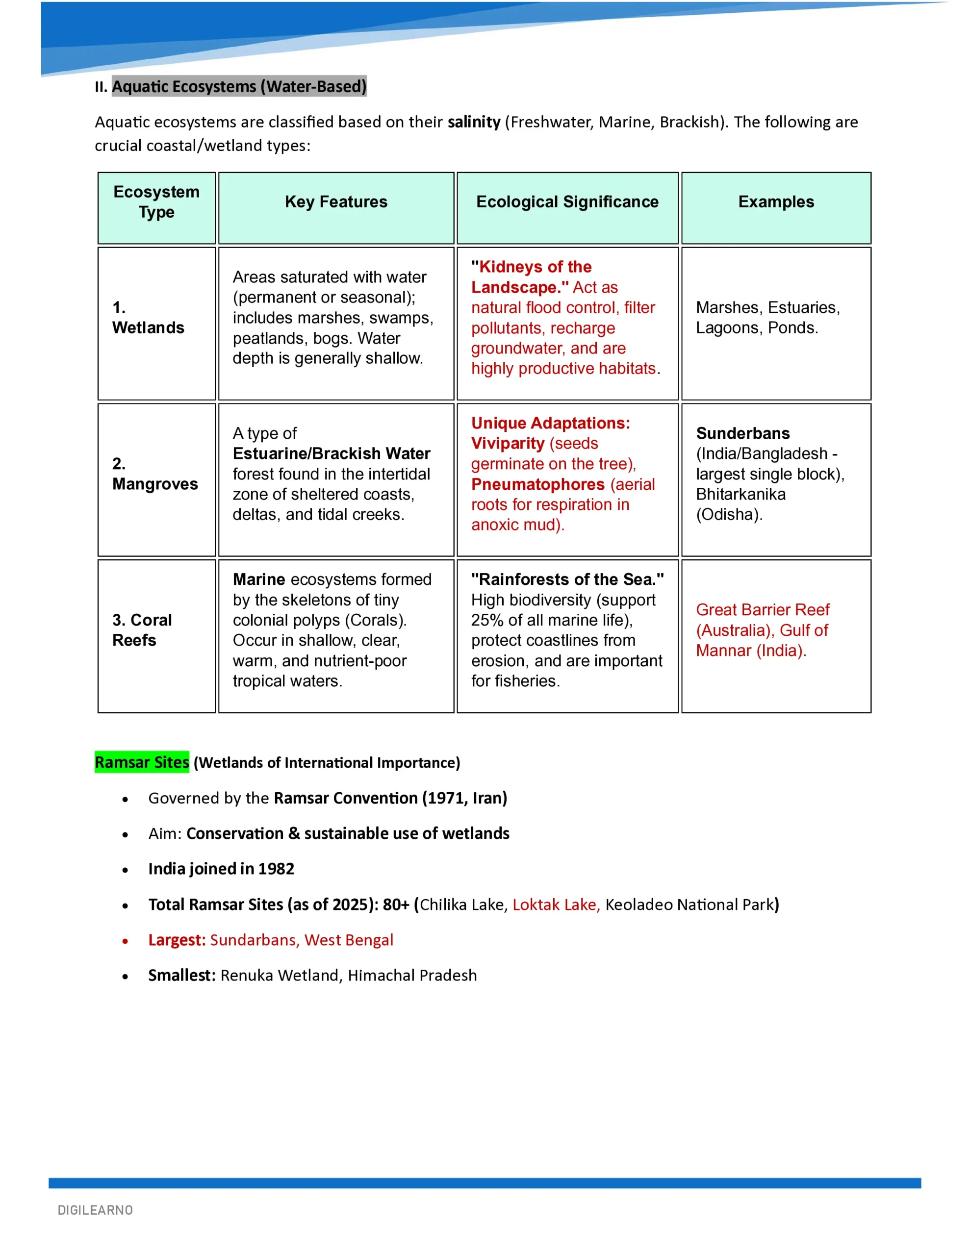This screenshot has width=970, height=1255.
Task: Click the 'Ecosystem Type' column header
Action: pos(156,201)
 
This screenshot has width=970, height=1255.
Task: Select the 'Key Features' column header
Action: pos(336,201)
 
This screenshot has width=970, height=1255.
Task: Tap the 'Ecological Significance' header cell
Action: pos(567,201)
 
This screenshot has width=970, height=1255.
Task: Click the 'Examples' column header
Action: pos(776,201)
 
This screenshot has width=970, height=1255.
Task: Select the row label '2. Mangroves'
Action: pos(154,474)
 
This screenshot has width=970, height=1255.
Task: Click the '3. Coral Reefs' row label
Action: pos(142,630)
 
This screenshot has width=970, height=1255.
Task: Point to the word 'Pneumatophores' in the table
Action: pos(537,484)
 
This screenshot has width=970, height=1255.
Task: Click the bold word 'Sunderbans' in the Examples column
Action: pos(742,433)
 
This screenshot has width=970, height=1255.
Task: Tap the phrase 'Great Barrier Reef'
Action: pos(763,610)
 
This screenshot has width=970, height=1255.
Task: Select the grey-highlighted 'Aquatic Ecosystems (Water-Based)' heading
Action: pos(239,86)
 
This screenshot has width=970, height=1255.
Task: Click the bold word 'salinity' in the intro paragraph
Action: pos(474,122)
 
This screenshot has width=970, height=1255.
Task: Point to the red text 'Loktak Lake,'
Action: pos(556,904)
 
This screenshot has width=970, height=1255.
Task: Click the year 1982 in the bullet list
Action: pos(277,869)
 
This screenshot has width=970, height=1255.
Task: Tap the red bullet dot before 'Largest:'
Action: pos(125,941)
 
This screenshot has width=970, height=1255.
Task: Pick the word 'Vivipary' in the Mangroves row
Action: pos(508,444)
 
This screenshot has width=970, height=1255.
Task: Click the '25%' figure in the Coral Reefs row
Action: pos(487,620)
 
